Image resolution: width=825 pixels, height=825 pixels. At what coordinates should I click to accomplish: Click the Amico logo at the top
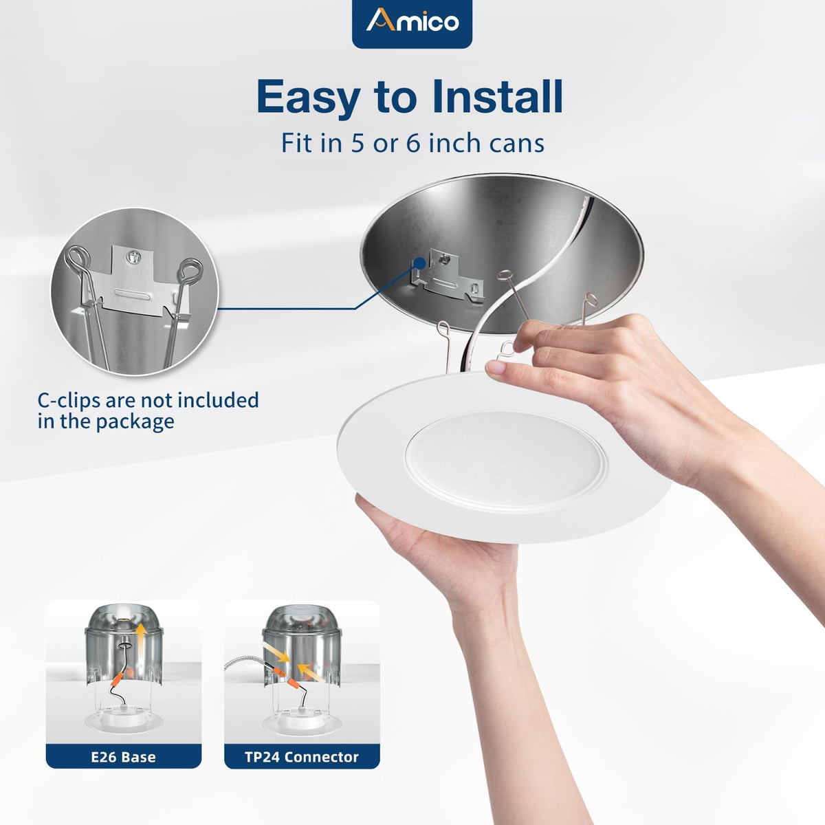(412, 22)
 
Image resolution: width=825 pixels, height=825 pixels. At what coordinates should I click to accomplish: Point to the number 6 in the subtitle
(413, 143)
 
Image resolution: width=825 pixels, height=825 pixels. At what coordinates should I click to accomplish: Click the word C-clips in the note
(69, 400)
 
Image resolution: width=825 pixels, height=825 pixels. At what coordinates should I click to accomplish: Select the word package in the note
(135, 422)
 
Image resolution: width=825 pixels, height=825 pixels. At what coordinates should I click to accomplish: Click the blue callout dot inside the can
(420, 263)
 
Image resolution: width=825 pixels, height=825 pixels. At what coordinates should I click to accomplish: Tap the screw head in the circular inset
(134, 257)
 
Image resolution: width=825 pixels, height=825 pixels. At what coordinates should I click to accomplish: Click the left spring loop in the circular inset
(77, 258)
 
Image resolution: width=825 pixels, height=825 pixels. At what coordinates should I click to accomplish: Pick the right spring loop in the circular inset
(190, 270)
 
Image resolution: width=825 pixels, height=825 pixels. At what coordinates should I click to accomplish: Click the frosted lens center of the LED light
(505, 459)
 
